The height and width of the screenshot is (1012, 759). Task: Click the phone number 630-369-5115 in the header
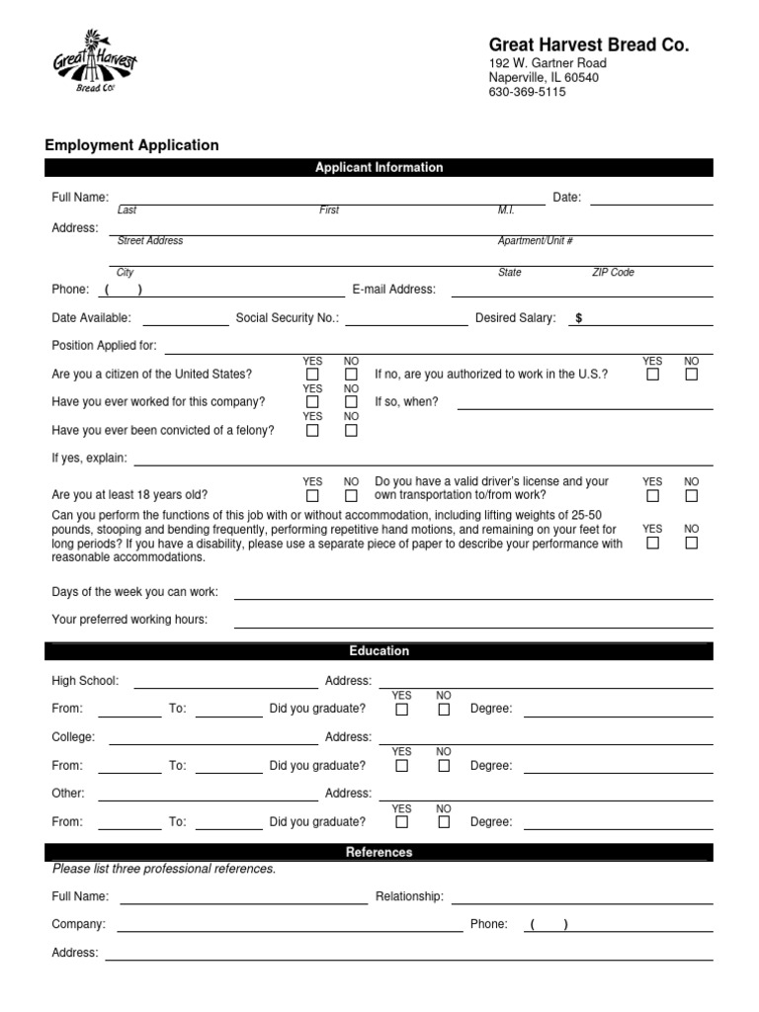(x=527, y=93)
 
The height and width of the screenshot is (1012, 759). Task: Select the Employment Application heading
(x=132, y=145)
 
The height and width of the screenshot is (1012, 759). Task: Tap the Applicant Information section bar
(x=379, y=168)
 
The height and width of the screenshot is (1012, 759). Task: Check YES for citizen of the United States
(x=313, y=375)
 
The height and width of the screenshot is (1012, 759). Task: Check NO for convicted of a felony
(x=351, y=431)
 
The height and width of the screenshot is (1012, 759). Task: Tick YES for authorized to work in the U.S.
(x=653, y=375)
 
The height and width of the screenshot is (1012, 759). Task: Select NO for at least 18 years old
(x=351, y=495)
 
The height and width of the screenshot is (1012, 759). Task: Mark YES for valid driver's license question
(x=653, y=495)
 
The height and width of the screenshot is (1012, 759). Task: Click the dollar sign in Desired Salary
(x=579, y=318)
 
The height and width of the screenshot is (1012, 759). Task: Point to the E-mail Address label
(x=393, y=290)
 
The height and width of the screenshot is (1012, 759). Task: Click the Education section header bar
(x=379, y=651)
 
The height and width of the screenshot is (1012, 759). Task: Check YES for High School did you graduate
(x=402, y=709)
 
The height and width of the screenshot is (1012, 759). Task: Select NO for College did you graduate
(x=444, y=765)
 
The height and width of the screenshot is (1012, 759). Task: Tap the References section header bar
(x=379, y=852)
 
